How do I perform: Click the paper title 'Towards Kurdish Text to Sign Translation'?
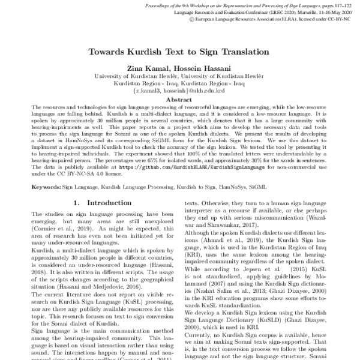179,52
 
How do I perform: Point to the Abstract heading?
179,100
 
